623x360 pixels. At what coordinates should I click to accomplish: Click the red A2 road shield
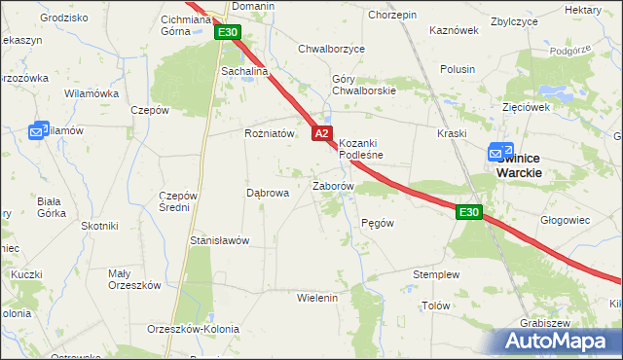(323, 133)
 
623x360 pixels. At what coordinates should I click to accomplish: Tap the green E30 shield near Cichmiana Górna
(228, 32)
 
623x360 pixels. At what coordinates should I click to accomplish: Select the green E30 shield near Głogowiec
(469, 212)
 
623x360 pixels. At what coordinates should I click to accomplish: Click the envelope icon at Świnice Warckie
(498, 153)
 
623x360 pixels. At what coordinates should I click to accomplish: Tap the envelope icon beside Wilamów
(38, 130)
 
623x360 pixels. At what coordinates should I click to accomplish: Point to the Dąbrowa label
(268, 193)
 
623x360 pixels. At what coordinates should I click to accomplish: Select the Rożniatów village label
(269, 134)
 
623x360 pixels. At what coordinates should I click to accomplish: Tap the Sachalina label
(243, 71)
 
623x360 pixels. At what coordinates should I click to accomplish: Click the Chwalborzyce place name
(331, 48)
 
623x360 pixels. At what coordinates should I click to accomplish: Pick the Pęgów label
(377, 223)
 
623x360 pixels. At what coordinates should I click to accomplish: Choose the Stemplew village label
(434, 274)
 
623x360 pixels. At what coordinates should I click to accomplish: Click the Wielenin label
(316, 297)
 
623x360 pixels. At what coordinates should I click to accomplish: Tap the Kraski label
(453, 133)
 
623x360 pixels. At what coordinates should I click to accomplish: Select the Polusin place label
(457, 69)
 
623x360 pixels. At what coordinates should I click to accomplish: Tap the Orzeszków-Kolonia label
(193, 329)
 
